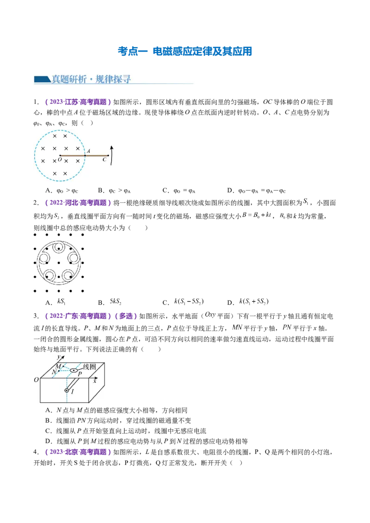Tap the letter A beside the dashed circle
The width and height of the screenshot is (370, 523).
click(x=88, y=151)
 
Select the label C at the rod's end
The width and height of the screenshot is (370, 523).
click(x=104, y=160)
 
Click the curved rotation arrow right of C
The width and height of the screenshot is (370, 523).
click(x=111, y=155)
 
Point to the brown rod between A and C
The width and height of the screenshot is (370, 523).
click(x=96, y=156)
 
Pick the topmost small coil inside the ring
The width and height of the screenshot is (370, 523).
click(x=59, y=247)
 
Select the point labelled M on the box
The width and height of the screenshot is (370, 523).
click(x=59, y=366)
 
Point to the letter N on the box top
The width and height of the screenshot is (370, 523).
click(x=54, y=371)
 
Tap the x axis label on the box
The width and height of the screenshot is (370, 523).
click(x=94, y=381)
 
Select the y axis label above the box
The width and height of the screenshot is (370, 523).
click(x=58, y=357)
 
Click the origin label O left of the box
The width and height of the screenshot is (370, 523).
click(x=36, y=380)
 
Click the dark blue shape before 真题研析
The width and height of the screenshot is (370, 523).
click(x=42, y=79)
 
